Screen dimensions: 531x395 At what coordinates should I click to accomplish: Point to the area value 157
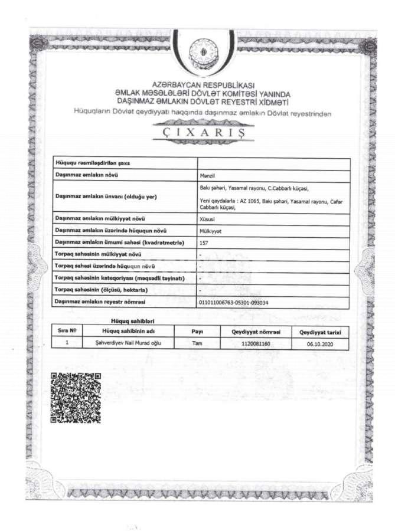204,242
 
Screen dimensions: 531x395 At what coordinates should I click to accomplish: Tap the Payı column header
198,332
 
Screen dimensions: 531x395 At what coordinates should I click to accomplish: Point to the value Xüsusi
208,218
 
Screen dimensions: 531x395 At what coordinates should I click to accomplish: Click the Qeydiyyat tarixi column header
320,332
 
